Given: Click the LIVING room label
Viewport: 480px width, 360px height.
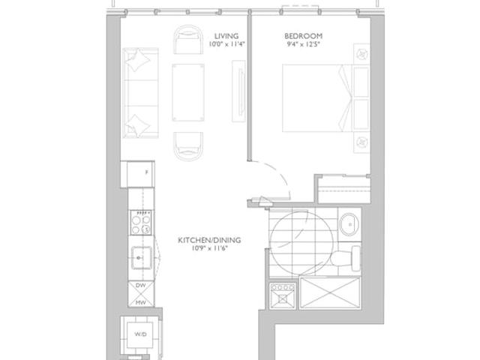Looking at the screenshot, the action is [x=226, y=36].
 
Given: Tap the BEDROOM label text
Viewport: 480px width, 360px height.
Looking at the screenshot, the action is [x=303, y=36].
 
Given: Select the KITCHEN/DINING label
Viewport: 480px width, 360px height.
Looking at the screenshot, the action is [x=209, y=240].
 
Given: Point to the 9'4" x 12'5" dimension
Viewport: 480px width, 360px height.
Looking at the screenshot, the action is [x=303, y=44].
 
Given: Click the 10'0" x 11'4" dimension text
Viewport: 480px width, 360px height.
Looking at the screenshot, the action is [x=226, y=44].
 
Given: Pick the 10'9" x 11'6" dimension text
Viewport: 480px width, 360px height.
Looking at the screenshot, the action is [x=210, y=248].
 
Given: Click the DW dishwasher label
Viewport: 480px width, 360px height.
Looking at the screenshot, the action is [x=140, y=285].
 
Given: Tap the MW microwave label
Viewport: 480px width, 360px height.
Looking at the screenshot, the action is [x=140, y=302].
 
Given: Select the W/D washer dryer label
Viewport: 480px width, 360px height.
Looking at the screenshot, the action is [x=140, y=334].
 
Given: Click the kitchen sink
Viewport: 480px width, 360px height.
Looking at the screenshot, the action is [x=142, y=257].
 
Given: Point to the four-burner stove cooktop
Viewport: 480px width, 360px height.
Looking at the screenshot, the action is [x=141, y=223].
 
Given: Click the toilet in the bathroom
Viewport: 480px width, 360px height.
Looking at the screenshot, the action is [x=346, y=258].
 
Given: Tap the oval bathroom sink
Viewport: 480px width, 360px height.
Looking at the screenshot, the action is [x=349, y=225].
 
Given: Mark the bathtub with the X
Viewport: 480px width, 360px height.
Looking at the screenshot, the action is [x=330, y=292].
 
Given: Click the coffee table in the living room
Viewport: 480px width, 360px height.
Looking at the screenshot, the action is [x=188, y=92].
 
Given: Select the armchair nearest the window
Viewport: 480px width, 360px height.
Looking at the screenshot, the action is [x=188, y=40].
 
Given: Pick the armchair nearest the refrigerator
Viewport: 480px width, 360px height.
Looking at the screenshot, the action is [x=188, y=146].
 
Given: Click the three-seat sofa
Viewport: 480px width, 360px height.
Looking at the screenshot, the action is [x=140, y=92].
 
